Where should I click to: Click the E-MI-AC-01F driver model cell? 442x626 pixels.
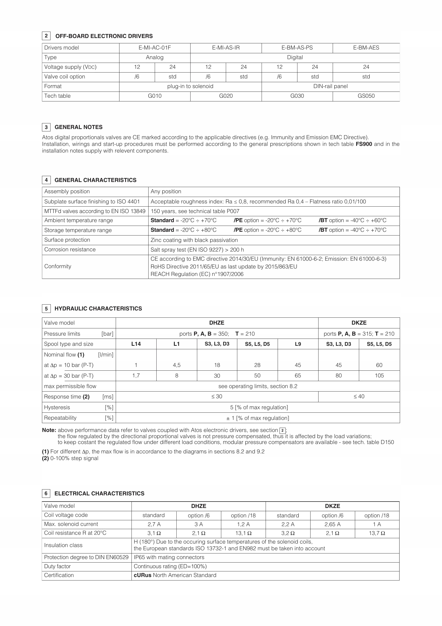154,48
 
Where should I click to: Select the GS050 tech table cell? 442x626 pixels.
366,96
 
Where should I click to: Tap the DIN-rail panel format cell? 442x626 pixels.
330,86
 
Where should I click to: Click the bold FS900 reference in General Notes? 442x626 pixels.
364,144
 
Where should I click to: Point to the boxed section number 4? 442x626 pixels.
46,180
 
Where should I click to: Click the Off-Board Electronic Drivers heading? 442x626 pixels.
104,36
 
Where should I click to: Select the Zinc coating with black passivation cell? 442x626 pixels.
194,240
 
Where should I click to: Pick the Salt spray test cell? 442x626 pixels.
197,250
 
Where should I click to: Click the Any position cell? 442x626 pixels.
166,192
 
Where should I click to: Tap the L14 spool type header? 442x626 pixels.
136,344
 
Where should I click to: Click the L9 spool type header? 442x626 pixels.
298,344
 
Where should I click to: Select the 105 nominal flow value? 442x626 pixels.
379,376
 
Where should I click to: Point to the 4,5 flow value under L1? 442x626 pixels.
177,365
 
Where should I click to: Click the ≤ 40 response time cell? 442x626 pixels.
359,397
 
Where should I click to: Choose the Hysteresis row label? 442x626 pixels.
57,408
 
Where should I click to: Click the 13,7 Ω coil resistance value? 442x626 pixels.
377,533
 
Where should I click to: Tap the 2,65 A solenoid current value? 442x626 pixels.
332,524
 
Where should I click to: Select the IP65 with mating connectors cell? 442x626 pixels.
169,557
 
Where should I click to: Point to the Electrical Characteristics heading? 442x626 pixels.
99,494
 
